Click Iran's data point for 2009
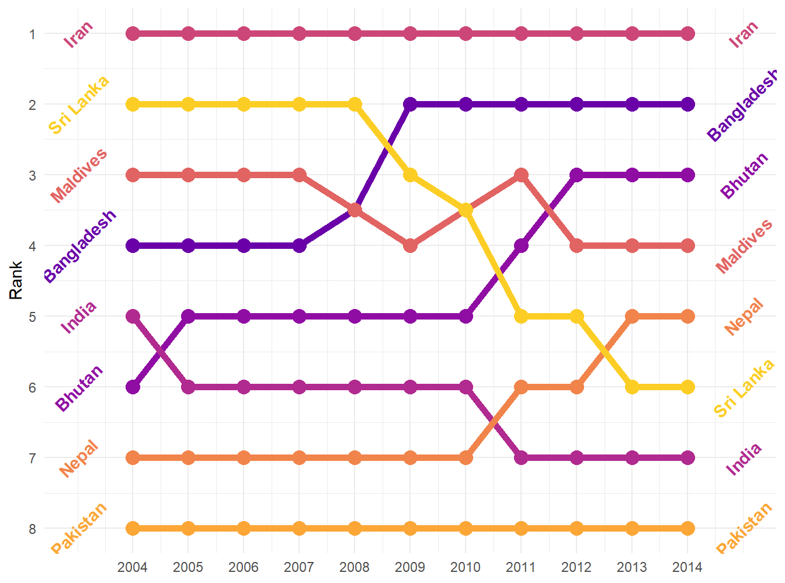coord(410,34)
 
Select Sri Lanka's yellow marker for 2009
coord(410,175)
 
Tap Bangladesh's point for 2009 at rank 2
coord(410,105)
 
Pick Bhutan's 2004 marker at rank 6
coord(133,387)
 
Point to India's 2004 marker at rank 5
coord(133,316)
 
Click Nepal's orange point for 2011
coord(521,387)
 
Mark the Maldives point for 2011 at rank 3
coord(521,175)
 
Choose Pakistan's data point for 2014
coord(687,528)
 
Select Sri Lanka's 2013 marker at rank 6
coord(632,387)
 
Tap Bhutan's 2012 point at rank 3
coord(576,175)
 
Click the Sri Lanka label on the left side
coord(79,105)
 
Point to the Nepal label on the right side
coord(744,317)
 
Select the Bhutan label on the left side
coord(79,387)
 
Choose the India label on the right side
coord(744,459)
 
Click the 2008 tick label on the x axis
coord(355,567)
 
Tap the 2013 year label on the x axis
coord(632,567)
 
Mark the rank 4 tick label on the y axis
coord(33,246)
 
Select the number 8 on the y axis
coord(33,529)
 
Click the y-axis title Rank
coord(16,280)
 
